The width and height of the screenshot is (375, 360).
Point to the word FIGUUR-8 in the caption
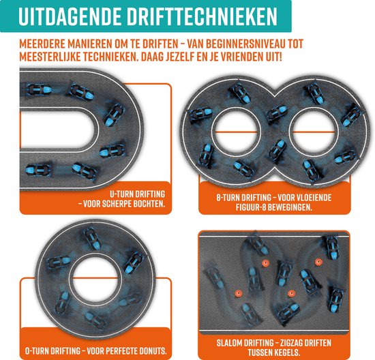[x=237, y=205]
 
